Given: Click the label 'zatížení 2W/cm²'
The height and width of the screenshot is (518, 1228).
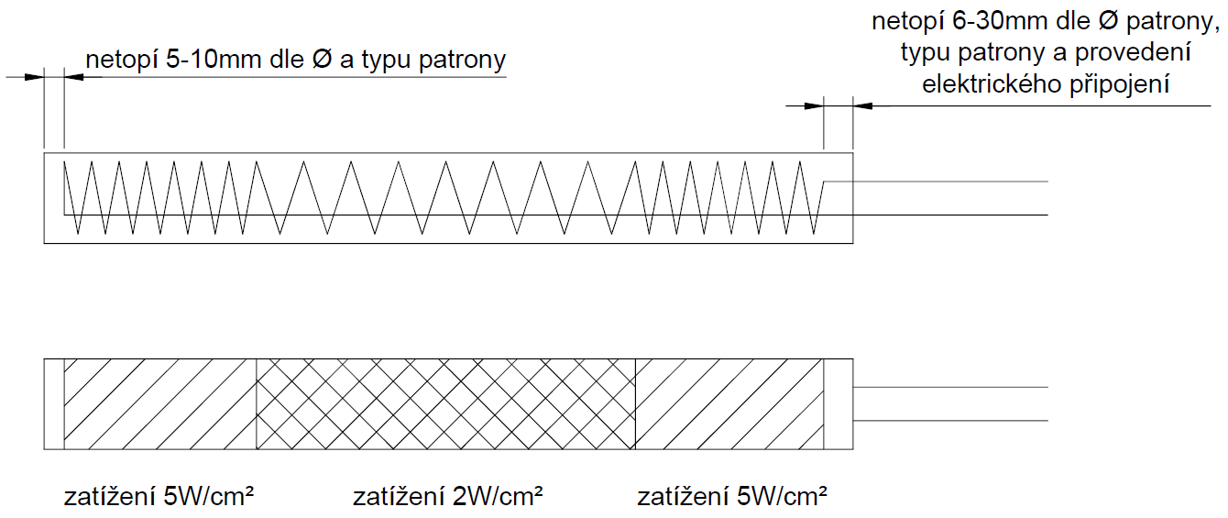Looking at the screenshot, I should pos(447,498).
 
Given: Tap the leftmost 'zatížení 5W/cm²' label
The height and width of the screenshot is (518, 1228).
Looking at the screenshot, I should pos(159,498).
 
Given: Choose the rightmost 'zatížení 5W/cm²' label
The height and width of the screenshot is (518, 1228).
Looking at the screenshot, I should pos(731,498).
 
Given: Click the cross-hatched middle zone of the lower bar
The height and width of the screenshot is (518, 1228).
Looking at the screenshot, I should pos(445,404).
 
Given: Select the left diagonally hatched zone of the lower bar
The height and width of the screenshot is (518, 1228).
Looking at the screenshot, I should pos(159,404).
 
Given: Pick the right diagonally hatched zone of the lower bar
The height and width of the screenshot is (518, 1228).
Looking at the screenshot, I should pos(729,404).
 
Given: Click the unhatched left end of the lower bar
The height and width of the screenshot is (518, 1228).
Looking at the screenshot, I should pos(54,404).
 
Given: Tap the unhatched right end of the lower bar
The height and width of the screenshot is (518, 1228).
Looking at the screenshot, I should pos(839,404).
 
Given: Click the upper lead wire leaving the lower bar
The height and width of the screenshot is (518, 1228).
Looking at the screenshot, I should pos(953,388).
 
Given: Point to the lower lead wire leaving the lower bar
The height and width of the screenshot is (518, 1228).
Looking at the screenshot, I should pos(953,421).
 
